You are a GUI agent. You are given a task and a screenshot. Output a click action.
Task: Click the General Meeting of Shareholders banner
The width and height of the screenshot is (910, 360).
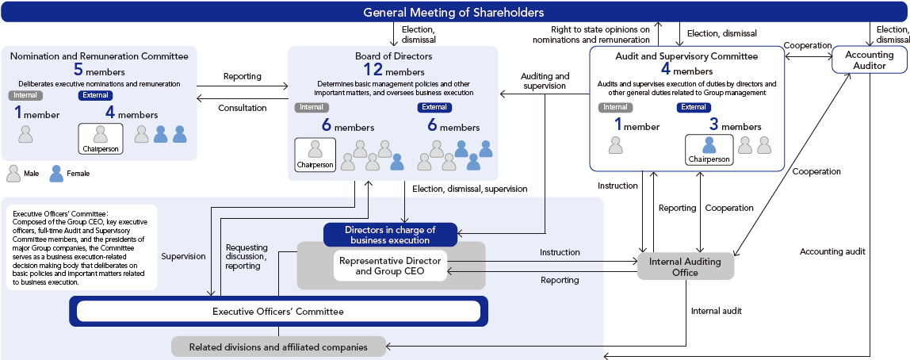click(453, 12)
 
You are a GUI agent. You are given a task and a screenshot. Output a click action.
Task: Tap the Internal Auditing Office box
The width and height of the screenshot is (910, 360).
click(686, 266)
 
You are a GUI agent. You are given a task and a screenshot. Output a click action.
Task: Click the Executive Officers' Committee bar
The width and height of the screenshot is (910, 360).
click(278, 312)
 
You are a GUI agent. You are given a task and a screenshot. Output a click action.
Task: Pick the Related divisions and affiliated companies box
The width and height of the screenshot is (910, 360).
click(278, 347)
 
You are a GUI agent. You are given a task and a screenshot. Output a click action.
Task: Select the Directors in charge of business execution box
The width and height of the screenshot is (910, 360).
click(390, 235)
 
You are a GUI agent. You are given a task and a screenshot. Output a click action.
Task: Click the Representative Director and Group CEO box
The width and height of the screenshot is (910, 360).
click(390, 266)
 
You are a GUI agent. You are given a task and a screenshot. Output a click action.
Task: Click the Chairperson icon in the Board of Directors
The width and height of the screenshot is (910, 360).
click(315, 154)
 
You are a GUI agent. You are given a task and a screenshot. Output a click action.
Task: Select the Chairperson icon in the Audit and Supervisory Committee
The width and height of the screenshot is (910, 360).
click(709, 148)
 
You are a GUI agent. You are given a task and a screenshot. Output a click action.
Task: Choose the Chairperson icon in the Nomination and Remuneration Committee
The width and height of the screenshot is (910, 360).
click(100, 139)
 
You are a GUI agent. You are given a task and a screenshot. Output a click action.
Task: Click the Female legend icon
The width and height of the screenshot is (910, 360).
click(56, 173)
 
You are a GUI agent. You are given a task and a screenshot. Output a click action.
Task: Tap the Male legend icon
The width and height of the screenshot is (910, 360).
click(13, 173)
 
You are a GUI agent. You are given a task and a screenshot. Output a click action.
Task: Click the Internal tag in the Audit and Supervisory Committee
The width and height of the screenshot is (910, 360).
click(616, 107)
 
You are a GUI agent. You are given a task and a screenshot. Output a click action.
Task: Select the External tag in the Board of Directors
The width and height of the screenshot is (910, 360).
click(434, 108)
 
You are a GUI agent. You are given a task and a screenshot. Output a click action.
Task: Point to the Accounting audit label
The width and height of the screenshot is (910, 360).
click(832, 251)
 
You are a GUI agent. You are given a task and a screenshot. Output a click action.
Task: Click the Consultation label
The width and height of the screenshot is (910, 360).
click(243, 107)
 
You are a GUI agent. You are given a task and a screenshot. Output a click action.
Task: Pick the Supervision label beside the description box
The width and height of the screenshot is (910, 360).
click(184, 256)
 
